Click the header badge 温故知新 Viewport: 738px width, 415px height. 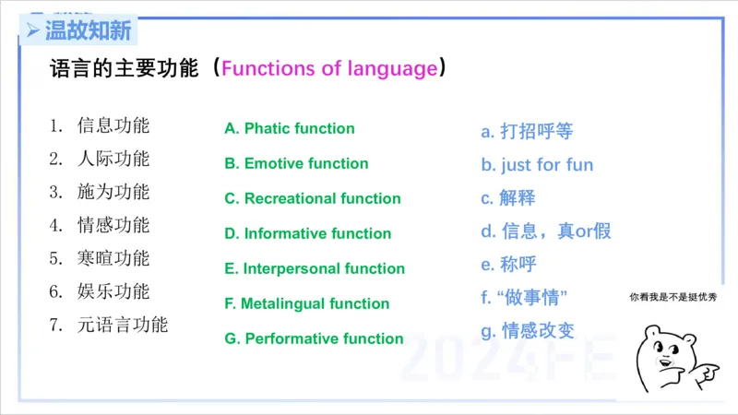pos(80,30)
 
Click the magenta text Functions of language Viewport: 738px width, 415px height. pos(329,69)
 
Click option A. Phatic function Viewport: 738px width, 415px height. pos(290,129)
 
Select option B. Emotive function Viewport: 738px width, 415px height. pos(296,164)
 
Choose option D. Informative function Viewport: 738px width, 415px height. pos(308,234)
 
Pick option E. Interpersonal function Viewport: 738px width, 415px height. pos(315,269)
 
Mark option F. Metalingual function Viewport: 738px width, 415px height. pos(307,304)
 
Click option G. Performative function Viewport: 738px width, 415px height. pos(314,339)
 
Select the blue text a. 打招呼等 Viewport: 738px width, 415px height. pos(527,132)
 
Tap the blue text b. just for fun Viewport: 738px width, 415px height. pos(537,166)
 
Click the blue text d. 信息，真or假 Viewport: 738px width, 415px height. pos(546,231)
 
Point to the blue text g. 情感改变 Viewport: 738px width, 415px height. pos(528,330)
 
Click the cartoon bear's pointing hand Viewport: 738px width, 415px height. pos(705,373)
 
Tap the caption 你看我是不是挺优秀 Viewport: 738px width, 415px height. pos(673,297)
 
